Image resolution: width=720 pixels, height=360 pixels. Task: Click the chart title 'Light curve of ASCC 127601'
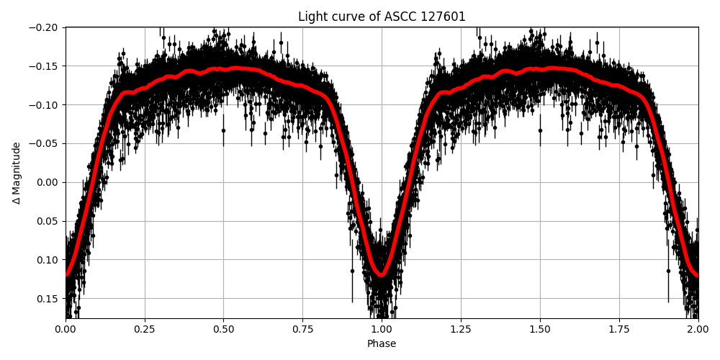382,17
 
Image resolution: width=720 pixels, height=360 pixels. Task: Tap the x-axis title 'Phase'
382,344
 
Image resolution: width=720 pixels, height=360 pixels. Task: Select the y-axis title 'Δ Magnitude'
17,173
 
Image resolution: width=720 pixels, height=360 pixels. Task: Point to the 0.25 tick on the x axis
145,330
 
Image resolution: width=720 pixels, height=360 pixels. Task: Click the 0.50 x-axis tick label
223,330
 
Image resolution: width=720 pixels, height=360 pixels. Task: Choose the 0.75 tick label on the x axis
302,330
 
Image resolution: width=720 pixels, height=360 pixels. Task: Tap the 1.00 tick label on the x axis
382,330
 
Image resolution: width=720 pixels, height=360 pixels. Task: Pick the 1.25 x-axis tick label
461,330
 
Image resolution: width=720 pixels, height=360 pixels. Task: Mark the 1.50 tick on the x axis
540,330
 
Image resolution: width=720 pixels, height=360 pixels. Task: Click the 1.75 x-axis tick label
618,330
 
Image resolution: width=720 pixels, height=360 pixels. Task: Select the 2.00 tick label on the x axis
698,330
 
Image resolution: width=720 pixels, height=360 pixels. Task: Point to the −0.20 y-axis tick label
47,27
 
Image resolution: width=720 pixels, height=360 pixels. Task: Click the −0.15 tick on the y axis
47,66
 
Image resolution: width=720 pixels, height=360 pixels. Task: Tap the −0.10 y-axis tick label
47,105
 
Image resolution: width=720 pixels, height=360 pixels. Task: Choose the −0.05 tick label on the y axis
47,144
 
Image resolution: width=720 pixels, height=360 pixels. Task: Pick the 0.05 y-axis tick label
50,221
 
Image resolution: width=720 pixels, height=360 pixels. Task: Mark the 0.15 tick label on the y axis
50,299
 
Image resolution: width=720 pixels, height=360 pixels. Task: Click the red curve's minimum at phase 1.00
382,274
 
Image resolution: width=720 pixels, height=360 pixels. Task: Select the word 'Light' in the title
311,17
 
